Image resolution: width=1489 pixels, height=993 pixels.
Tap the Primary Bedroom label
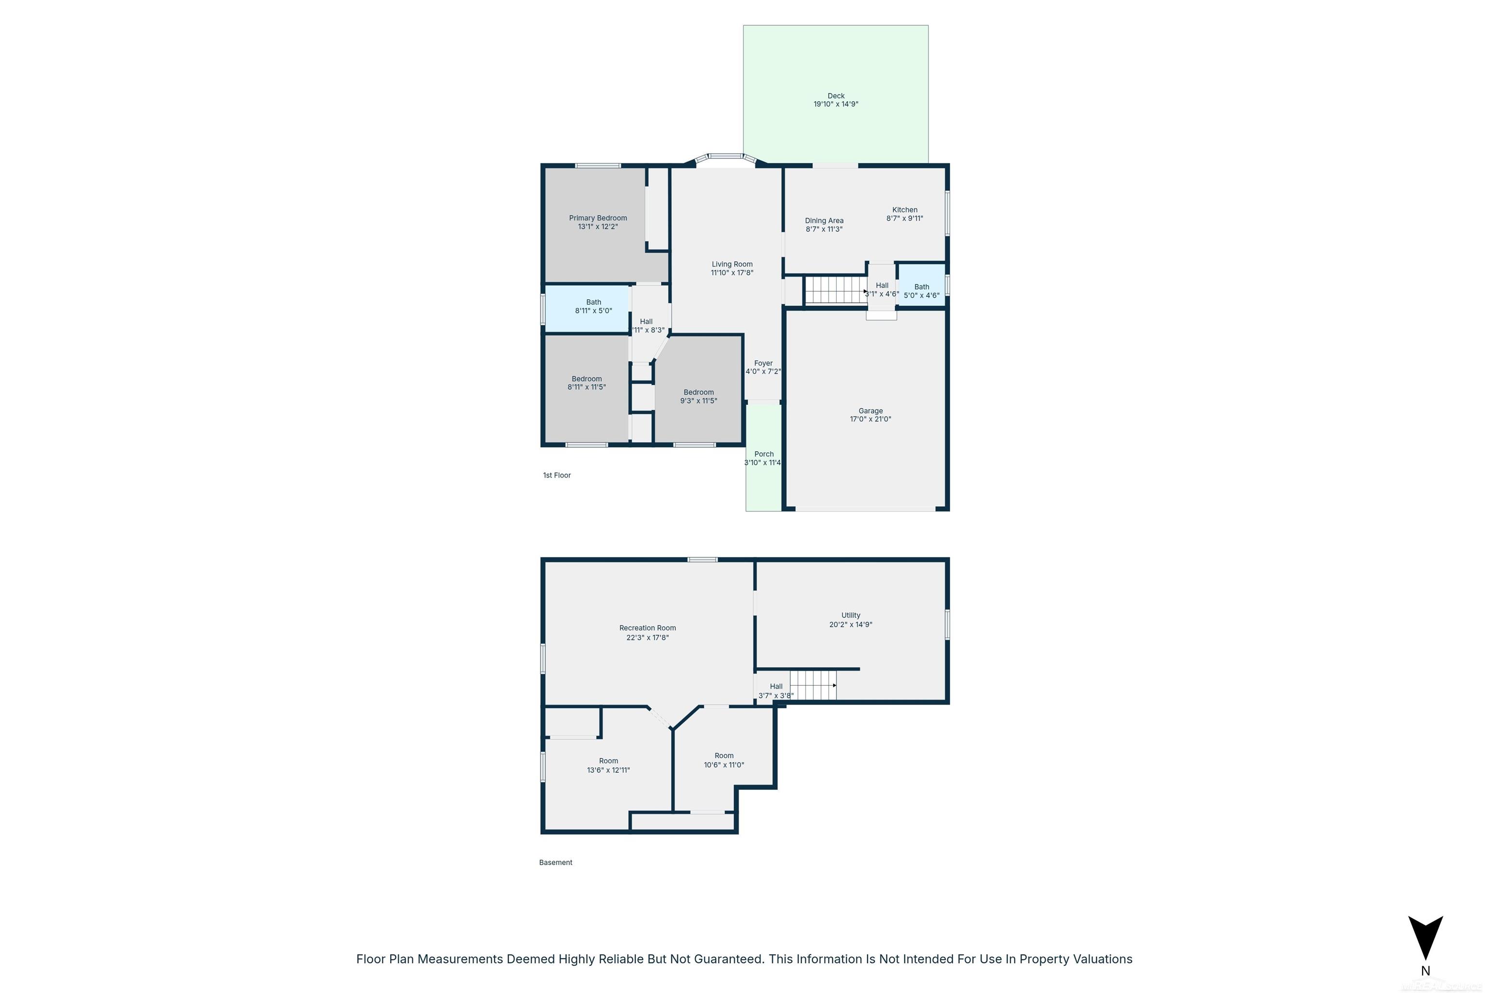pyautogui.click(x=598, y=218)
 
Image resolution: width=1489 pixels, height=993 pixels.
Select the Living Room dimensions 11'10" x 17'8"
pyautogui.click(x=732, y=273)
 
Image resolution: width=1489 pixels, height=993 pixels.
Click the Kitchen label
pyautogui.click(x=904, y=209)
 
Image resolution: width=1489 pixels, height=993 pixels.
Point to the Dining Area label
pyautogui.click(x=824, y=221)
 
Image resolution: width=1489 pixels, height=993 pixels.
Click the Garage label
pyautogui.click(x=871, y=410)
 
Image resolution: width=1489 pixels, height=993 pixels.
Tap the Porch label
pyautogui.click(x=763, y=454)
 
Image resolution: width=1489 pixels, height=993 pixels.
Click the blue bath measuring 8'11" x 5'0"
pyautogui.click(x=593, y=306)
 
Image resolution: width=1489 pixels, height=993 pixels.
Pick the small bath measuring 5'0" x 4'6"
pyautogui.click(x=921, y=291)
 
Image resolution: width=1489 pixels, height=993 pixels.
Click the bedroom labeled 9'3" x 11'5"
pyautogui.click(x=698, y=397)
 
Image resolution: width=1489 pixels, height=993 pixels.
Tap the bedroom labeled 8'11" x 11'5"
pyautogui.click(x=586, y=383)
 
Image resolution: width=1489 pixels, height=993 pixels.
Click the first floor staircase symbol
pyautogui.click(x=834, y=289)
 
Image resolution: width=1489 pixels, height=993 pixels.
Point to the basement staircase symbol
pyautogui.click(x=813, y=685)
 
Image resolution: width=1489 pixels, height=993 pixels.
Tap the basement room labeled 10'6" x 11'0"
pyautogui.click(x=724, y=760)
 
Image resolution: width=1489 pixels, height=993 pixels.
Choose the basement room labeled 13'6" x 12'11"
pyautogui.click(x=608, y=765)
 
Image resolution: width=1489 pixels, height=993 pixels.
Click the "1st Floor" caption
pyautogui.click(x=556, y=475)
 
